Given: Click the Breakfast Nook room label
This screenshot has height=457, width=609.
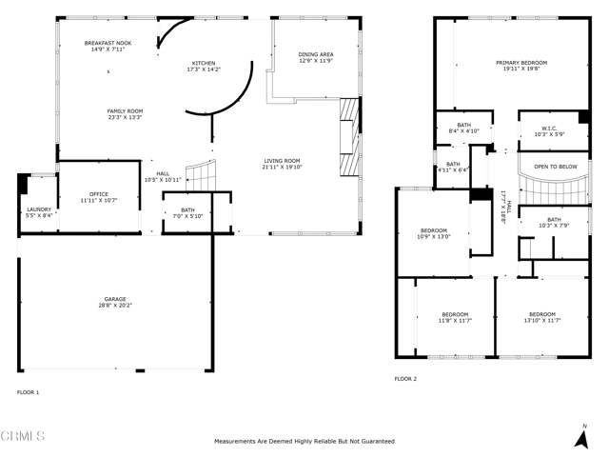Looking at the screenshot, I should click(107, 44).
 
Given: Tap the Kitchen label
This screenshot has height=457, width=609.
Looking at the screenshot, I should click(205, 62).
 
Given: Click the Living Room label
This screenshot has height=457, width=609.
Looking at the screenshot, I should click(282, 160).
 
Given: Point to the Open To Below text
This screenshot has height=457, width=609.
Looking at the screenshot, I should click(555, 166).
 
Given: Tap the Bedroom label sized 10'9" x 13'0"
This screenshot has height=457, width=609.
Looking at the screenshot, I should click(435, 231).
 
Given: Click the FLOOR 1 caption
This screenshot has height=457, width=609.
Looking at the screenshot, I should click(29, 391).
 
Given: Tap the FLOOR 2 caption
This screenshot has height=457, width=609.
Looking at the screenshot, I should click(406, 378).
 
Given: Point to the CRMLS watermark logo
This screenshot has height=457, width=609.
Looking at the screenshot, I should click(23, 437).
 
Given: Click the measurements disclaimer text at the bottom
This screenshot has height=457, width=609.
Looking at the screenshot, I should click(304, 442).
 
